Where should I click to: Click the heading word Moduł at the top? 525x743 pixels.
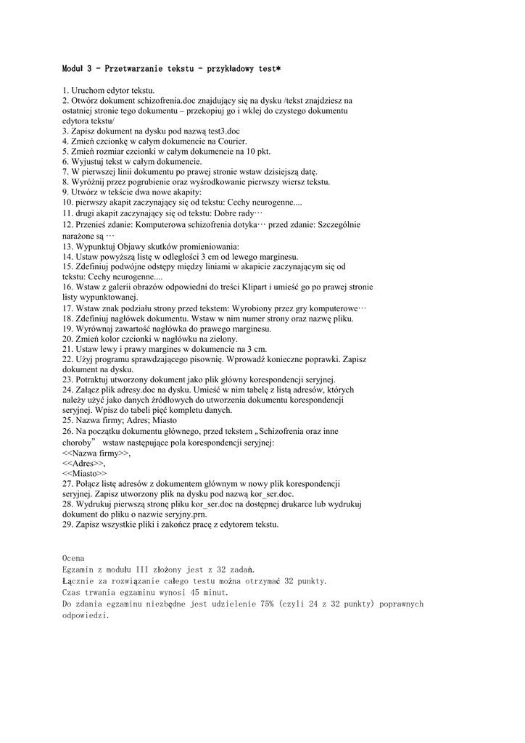point(75,69)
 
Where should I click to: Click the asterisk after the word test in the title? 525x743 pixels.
point(278,69)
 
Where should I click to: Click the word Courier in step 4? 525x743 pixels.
point(230,141)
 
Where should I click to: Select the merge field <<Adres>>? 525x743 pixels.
point(83,463)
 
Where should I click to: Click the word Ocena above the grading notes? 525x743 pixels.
point(73,558)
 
